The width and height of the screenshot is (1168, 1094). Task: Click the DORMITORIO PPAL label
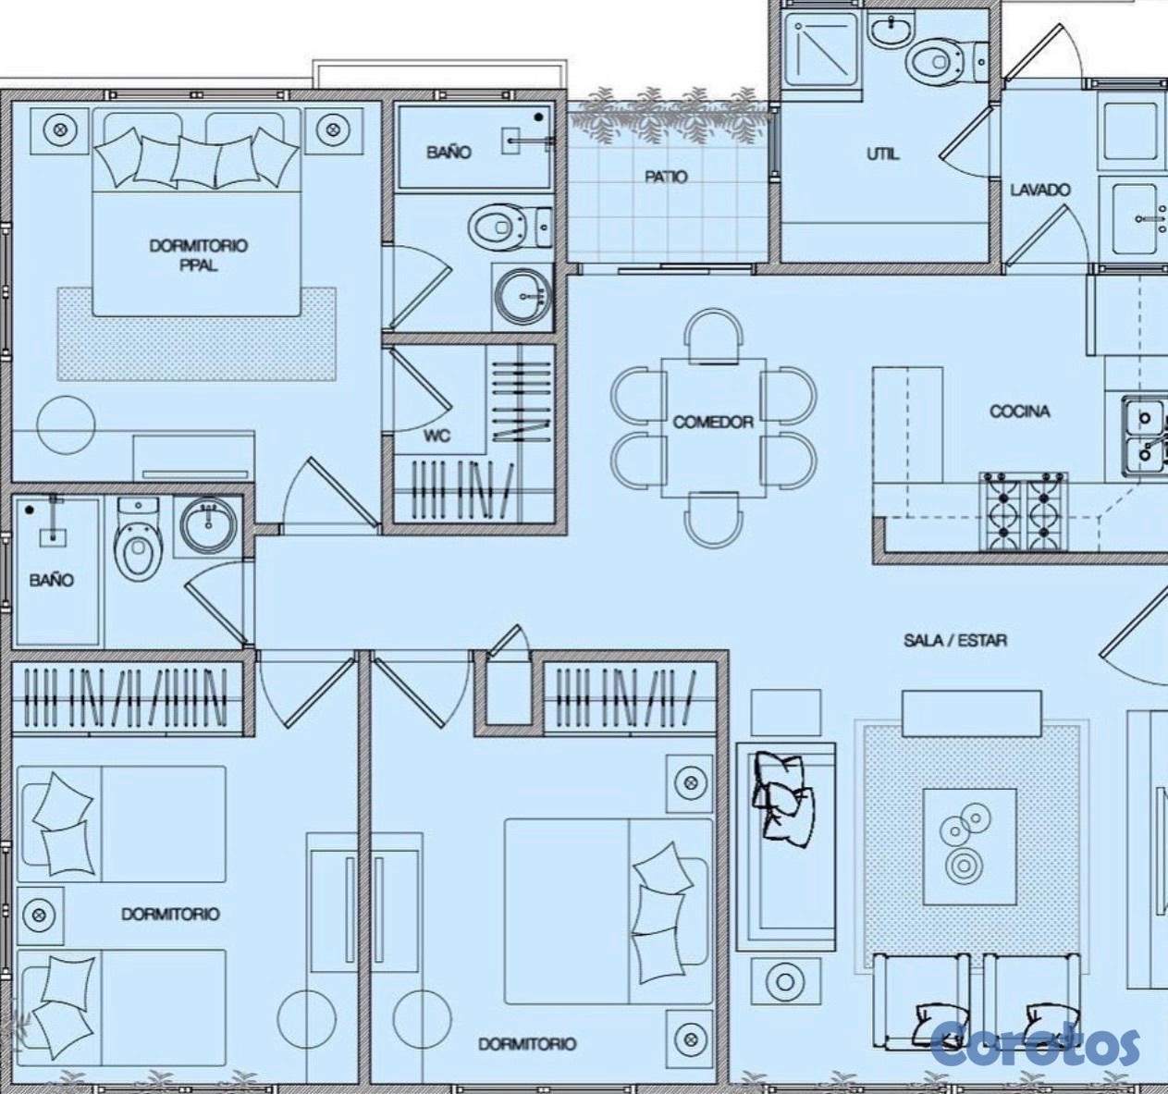[x=198, y=255]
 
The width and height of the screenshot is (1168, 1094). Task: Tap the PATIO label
[x=666, y=177]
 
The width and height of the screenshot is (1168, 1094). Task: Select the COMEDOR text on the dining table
[x=713, y=422]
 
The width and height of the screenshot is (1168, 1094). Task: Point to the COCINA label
[x=1020, y=412]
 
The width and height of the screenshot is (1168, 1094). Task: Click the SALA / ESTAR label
[x=955, y=640]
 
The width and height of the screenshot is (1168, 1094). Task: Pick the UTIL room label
[x=883, y=154]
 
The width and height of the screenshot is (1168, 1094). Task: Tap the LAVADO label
[x=1040, y=190]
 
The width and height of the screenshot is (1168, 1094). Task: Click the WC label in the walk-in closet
[x=437, y=436]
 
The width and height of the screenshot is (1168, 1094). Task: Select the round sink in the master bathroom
[x=523, y=296]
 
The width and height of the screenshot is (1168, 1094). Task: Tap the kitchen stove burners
[x=1024, y=511]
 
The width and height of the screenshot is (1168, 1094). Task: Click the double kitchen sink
[x=1145, y=436]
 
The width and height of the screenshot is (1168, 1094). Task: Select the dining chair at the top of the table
[x=713, y=335]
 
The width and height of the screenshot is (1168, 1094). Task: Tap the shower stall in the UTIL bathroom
[x=822, y=49]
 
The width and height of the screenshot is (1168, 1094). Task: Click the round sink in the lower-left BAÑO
[x=209, y=525]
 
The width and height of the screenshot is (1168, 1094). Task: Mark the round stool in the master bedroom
[x=66, y=424]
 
